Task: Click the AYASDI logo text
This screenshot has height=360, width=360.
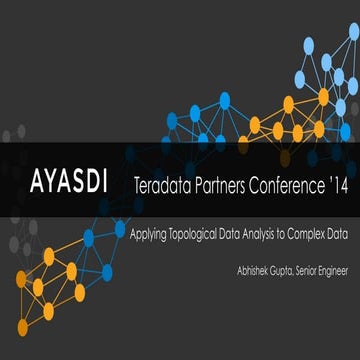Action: click(70, 185)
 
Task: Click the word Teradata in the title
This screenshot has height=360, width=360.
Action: click(164, 186)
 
